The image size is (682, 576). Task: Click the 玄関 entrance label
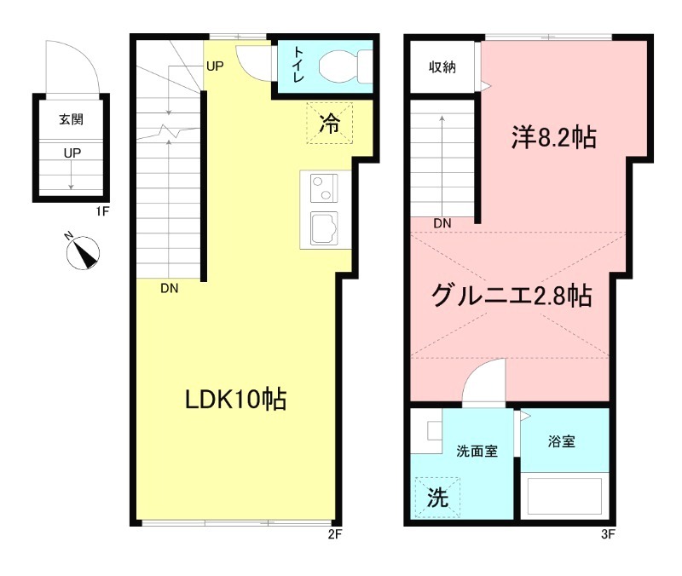(x=72, y=119)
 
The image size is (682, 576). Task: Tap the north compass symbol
(x=83, y=253)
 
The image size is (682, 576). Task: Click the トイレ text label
(x=298, y=65)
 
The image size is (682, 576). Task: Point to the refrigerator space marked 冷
(x=329, y=123)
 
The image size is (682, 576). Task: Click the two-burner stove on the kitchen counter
(x=324, y=187)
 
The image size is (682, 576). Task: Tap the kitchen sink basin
(x=324, y=228)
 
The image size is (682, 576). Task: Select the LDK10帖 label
(x=236, y=399)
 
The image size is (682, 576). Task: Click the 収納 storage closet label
(x=442, y=67)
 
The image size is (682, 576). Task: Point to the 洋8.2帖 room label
(x=553, y=137)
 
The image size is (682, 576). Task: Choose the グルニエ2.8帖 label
(x=511, y=295)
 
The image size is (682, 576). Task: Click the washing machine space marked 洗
(x=437, y=498)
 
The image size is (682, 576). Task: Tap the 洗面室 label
(x=477, y=452)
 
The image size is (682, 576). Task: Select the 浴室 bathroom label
(x=562, y=441)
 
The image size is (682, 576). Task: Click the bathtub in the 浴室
(x=564, y=496)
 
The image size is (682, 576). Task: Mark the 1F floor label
(x=102, y=211)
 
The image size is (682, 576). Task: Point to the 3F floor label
(x=608, y=534)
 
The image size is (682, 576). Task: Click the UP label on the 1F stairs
(x=72, y=153)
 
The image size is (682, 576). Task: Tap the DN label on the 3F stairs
(x=442, y=223)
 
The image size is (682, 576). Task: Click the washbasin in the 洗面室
(x=435, y=431)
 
